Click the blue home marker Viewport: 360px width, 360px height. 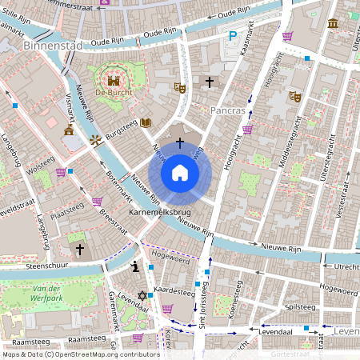click(x=180, y=173)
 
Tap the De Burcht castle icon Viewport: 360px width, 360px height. click(x=114, y=80)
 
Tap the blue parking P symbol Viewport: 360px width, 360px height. click(x=233, y=36)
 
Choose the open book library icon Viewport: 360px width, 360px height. click(x=145, y=123)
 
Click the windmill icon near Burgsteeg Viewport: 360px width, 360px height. click(x=96, y=141)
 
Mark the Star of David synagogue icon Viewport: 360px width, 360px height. click(x=143, y=296)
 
